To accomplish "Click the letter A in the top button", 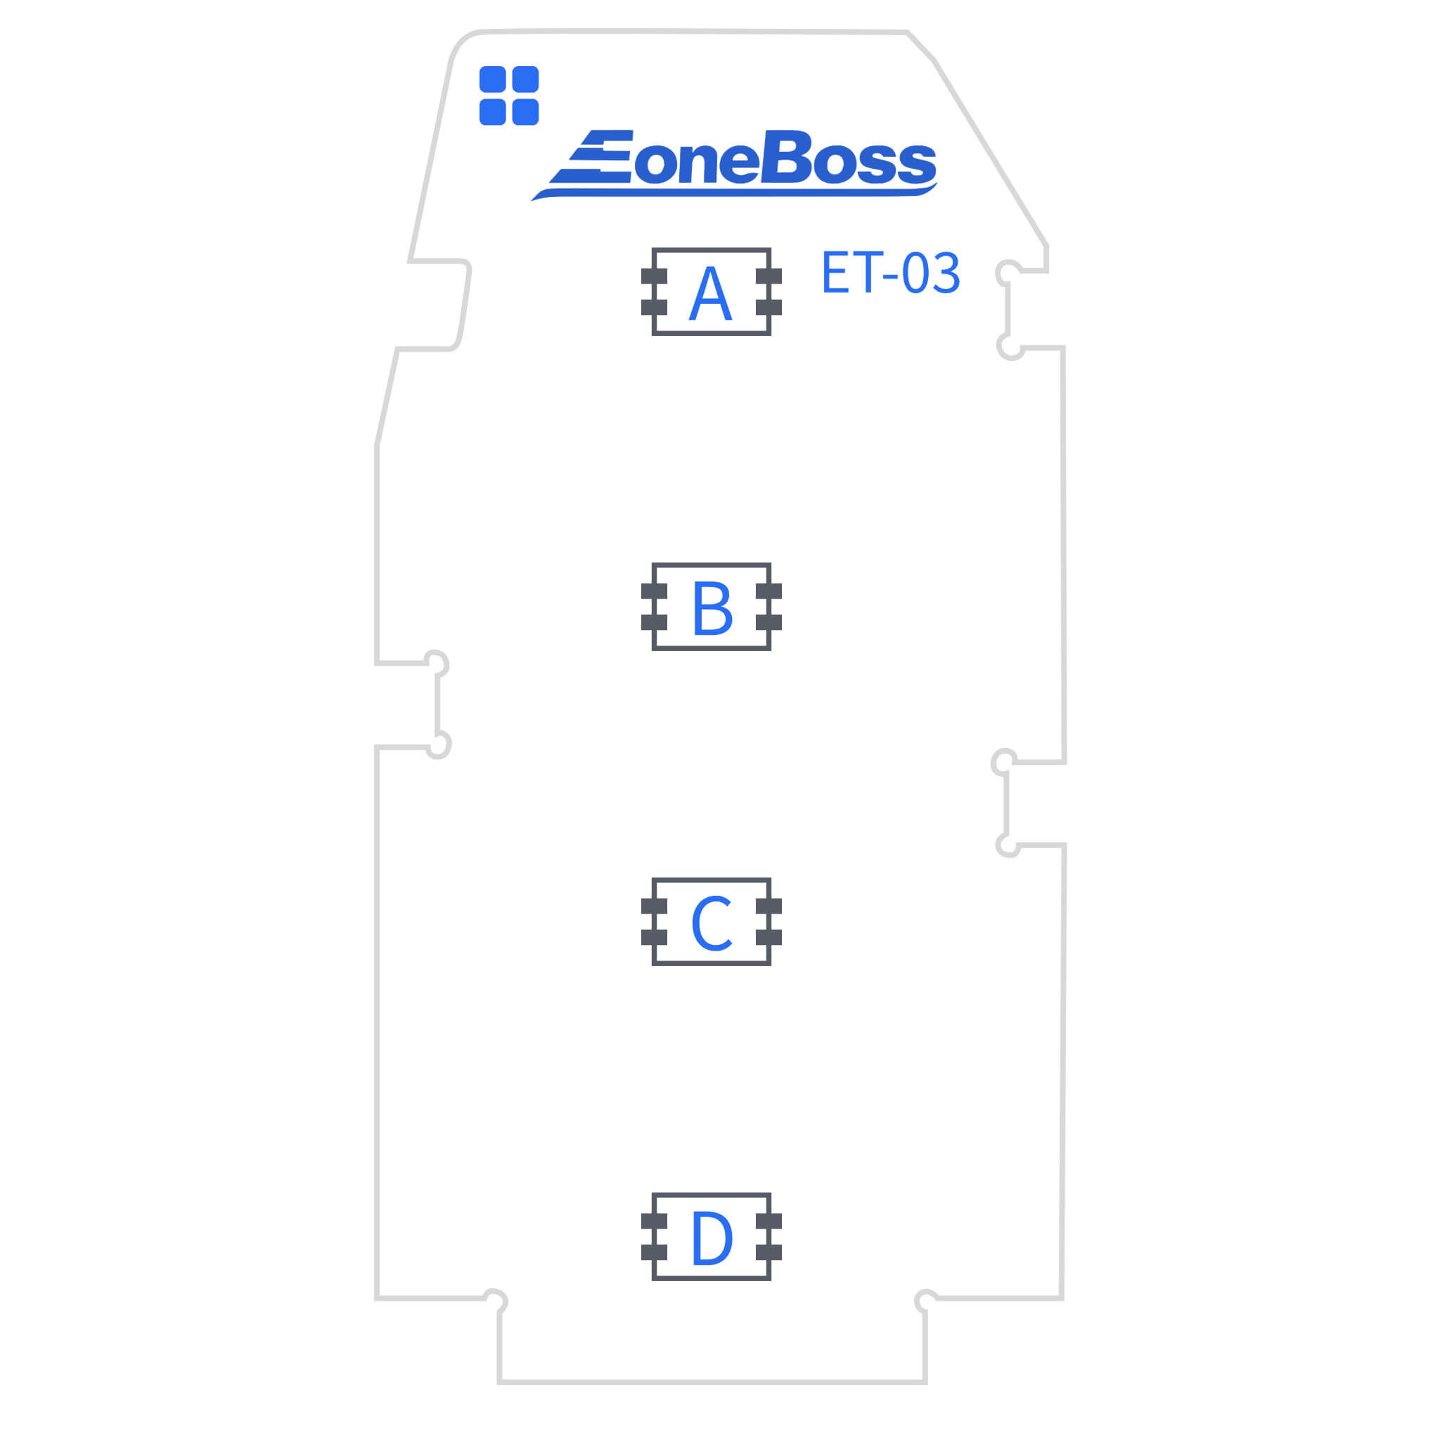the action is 710,294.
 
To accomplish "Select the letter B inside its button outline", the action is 712,608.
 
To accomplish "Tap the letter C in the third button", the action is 711,923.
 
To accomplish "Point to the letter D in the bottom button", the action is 712,1238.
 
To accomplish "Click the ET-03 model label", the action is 890,273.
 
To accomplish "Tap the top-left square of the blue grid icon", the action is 493,79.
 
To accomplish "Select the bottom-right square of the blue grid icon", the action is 525,112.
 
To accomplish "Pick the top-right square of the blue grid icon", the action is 525,79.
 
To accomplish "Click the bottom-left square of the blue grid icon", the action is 493,112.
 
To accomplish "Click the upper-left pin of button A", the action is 654,276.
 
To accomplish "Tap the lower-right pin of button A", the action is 769,308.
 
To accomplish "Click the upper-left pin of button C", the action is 654,906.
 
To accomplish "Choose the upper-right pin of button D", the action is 769,1221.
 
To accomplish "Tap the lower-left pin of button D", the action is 654,1253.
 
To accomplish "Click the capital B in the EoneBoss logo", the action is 786,157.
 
